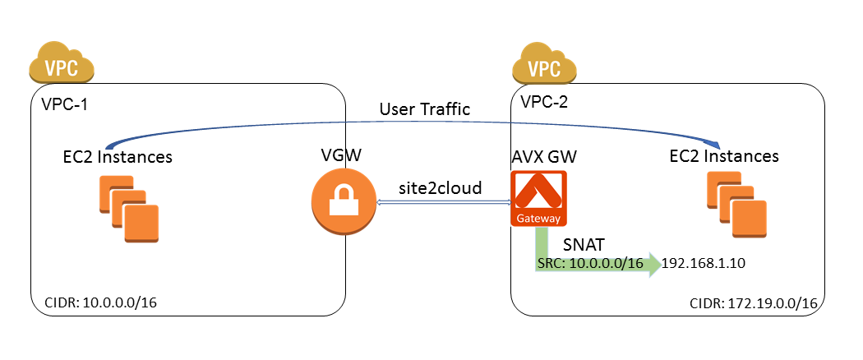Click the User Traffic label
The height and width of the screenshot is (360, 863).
coord(424,109)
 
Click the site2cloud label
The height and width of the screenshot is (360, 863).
coord(441,188)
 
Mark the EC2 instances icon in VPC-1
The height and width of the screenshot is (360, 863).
coord(129,212)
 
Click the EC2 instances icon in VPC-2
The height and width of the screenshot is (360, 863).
coord(736,205)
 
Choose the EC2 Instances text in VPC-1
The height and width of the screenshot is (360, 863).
coord(118,157)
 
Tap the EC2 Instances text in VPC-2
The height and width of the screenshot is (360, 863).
coord(723,155)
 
